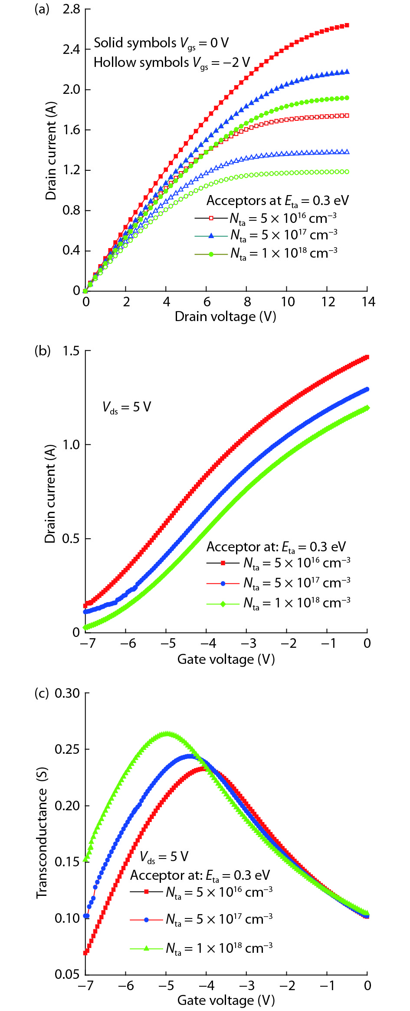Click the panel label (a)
coord(42,9)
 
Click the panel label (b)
coord(42,351)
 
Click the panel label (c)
coord(42,693)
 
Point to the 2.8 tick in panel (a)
coord(71,9)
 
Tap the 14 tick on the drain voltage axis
coord(368,302)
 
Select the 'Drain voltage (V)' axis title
coord(225,316)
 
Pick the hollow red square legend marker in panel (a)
coord(211,218)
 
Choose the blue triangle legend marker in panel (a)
coord(211,235)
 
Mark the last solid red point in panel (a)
coord(347,26)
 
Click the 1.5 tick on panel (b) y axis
coord(71,351)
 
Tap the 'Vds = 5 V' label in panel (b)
coord(126,407)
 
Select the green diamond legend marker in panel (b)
coord(223,603)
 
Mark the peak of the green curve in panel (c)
coord(166,734)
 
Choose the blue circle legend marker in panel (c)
coord(146,919)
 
